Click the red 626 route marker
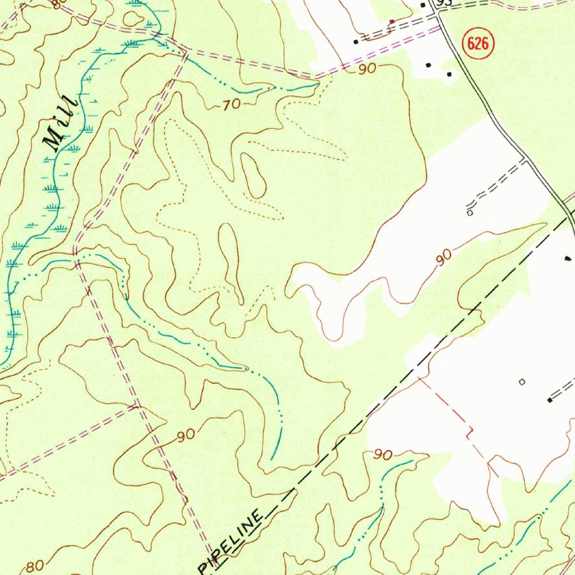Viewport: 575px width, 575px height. click(x=477, y=44)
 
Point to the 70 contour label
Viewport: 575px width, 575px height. click(x=230, y=104)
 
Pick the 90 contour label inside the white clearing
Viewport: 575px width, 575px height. click(x=444, y=257)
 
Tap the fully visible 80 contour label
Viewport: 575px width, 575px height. click(x=34, y=565)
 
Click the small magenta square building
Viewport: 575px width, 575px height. click(x=392, y=21)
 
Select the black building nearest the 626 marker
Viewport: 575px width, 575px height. click(x=449, y=74)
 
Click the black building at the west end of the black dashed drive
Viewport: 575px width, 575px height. click(x=355, y=42)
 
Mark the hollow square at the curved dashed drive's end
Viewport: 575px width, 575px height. click(x=469, y=213)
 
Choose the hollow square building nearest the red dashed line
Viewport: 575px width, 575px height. click(x=522, y=382)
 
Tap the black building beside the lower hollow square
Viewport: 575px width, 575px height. click(x=549, y=400)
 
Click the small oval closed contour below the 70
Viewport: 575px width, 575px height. click(x=253, y=176)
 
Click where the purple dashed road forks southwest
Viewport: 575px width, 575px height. click(x=137, y=405)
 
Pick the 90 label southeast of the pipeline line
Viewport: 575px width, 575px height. click(x=382, y=455)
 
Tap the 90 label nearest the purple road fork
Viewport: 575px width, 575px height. click(x=185, y=435)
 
